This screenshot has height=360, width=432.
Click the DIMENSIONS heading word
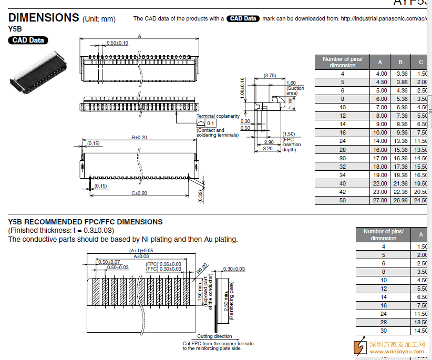point(44,17)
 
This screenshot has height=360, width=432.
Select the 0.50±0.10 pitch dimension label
point(117,43)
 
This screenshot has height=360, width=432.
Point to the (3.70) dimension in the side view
point(270,76)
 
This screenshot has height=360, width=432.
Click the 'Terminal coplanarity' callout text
point(218,116)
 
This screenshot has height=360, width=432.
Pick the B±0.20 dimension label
point(139,138)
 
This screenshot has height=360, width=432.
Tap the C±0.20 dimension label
point(139,193)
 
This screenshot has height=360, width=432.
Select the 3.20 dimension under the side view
point(268,149)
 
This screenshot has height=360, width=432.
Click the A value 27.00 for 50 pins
point(380,200)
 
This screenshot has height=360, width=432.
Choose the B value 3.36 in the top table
point(402,74)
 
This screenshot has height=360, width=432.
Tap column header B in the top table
point(400,62)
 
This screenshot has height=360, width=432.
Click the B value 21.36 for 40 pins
point(402,183)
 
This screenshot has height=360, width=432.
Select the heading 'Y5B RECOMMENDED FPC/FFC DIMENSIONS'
point(85,222)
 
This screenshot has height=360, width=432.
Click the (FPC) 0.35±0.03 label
point(163,264)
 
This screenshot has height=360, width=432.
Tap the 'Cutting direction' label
point(214,336)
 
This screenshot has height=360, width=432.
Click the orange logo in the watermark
point(360,347)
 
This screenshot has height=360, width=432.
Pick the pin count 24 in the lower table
point(384,314)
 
